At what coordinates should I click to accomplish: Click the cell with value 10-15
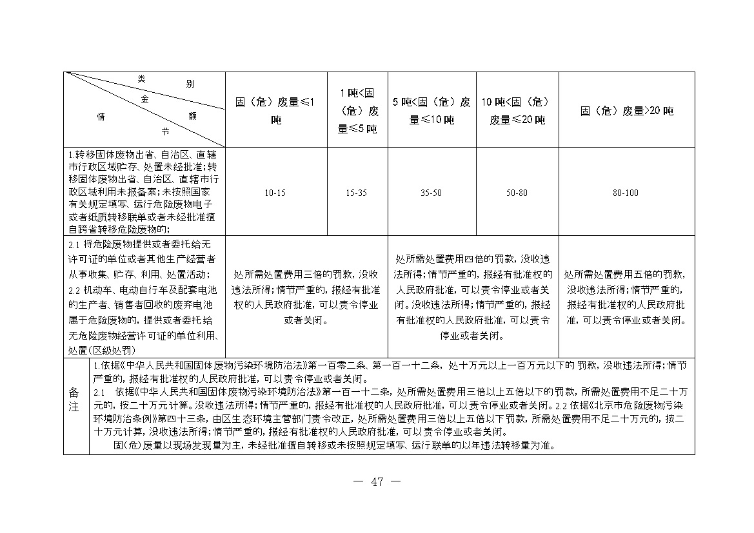275,193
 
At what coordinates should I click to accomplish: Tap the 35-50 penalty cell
432,193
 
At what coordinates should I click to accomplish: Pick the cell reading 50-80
517,193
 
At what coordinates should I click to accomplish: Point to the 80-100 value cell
626,193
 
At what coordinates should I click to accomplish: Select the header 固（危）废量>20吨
626,111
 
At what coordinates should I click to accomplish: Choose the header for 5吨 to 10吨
432,110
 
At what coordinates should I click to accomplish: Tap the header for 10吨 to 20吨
517,110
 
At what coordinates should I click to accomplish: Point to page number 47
377,482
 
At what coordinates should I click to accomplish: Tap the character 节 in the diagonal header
165,131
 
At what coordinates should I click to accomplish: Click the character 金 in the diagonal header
144,99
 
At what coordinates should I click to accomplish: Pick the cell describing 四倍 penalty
473,297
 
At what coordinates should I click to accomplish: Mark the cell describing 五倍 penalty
626,297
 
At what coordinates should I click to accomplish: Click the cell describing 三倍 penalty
306,297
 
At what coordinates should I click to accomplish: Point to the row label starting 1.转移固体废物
144,192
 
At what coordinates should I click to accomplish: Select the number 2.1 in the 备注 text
99,392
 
